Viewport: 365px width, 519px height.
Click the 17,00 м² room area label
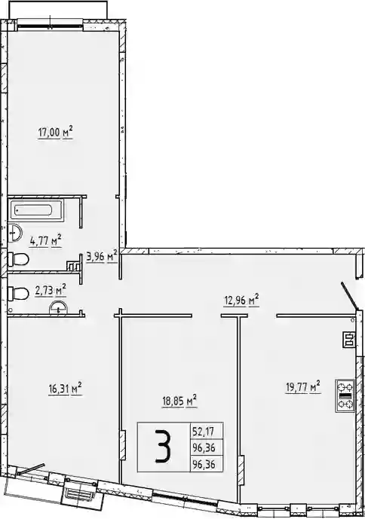55,133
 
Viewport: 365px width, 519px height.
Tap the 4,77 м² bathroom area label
46,240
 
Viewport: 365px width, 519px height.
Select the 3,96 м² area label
102,256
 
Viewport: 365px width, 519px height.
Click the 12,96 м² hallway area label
241,301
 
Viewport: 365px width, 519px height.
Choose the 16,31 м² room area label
65,389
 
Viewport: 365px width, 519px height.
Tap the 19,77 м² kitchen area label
303,387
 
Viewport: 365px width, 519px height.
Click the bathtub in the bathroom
36,210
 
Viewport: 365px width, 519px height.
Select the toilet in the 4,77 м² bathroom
18,259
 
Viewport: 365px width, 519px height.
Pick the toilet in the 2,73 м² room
18,293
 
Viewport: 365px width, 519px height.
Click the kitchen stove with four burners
345,395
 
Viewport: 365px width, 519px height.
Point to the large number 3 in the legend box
164,447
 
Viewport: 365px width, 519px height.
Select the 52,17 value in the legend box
203,432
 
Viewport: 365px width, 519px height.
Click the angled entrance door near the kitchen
350,296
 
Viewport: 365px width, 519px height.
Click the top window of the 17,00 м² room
50,25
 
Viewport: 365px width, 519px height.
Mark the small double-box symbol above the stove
348,339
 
